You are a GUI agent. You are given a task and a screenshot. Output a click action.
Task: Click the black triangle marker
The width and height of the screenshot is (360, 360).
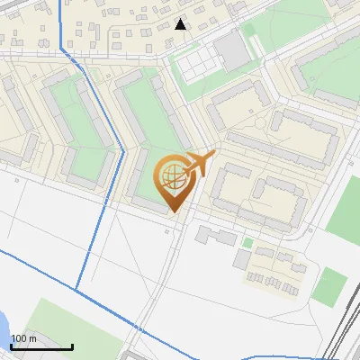click(x=181, y=23)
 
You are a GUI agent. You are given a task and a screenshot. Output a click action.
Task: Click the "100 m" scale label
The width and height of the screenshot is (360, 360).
click(x=23, y=338)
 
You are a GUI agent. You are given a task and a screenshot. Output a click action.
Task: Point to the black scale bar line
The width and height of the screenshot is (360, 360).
click(x=41, y=346)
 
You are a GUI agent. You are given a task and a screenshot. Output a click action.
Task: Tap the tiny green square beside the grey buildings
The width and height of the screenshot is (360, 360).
click(x=247, y=242)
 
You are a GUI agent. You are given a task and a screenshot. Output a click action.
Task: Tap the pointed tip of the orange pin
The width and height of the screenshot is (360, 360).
click(x=173, y=211)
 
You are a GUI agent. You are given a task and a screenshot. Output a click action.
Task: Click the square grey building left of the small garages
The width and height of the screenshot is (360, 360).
click(x=242, y=259)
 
